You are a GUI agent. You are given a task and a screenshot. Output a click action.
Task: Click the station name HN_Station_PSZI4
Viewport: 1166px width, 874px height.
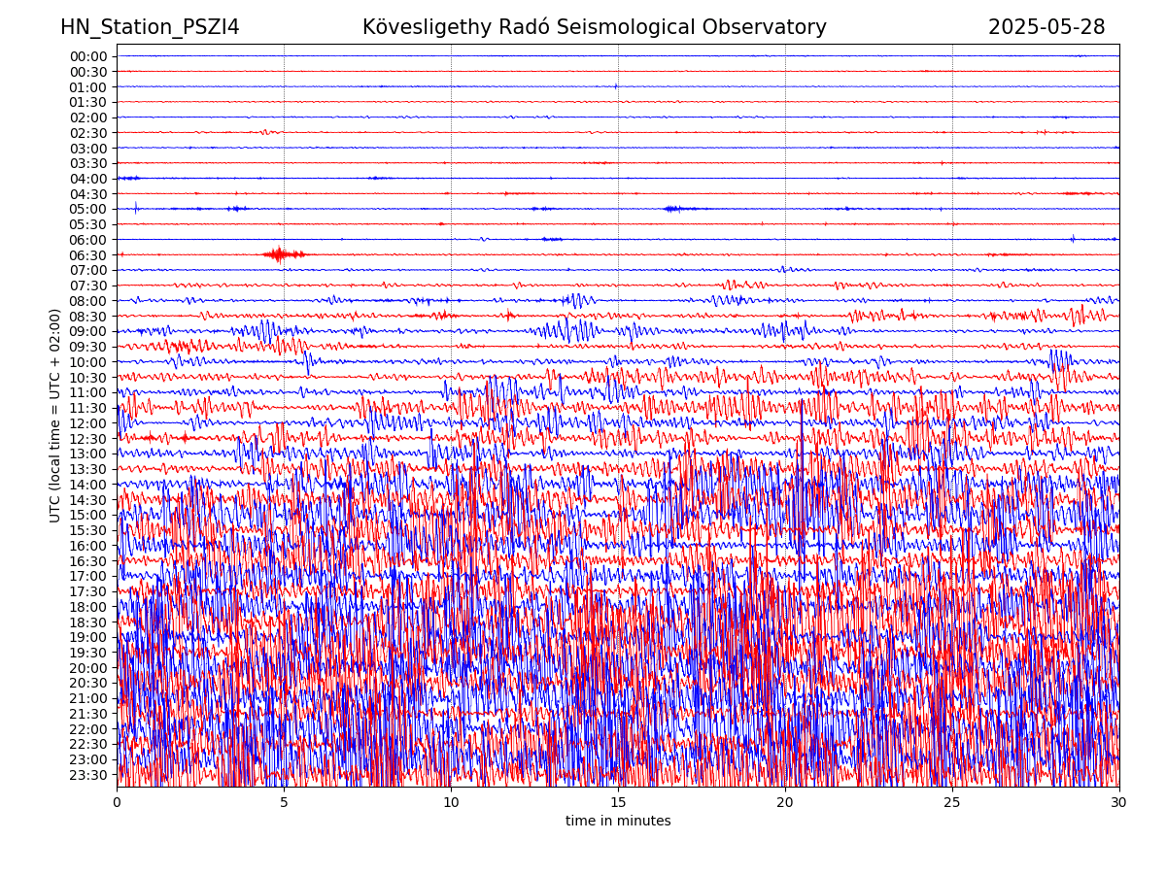click(x=150, y=27)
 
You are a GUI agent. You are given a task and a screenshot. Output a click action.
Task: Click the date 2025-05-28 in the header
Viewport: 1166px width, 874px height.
click(x=1046, y=27)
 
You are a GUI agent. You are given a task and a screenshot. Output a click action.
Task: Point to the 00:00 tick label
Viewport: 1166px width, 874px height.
click(x=87, y=56)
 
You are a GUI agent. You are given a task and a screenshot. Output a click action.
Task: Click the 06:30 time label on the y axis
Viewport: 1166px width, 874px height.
click(x=87, y=255)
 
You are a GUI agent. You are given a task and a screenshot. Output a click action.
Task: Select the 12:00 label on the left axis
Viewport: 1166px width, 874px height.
click(x=87, y=423)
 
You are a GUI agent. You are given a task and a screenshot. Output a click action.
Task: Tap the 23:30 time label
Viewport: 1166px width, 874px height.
click(x=87, y=775)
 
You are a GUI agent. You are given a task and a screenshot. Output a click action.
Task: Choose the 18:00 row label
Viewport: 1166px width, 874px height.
click(x=87, y=607)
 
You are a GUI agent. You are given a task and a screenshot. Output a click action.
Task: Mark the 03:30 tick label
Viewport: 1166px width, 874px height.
click(x=87, y=163)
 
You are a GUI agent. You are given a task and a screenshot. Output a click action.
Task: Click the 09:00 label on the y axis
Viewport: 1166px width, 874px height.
click(x=87, y=331)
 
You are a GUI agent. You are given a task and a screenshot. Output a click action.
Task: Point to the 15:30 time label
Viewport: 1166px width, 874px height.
click(x=87, y=530)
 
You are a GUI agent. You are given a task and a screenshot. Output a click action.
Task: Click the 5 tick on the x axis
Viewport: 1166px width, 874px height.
click(x=284, y=803)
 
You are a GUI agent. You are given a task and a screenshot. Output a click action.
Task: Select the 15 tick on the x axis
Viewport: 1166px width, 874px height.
click(x=618, y=803)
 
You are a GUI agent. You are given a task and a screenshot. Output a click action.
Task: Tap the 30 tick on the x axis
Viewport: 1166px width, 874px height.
click(x=1119, y=803)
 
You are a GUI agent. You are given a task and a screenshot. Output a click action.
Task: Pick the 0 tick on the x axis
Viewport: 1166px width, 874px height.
click(x=117, y=803)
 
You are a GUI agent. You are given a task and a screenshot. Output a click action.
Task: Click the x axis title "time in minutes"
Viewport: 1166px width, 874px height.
click(x=618, y=822)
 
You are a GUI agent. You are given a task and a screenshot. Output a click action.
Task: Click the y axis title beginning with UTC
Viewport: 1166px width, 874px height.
click(x=55, y=416)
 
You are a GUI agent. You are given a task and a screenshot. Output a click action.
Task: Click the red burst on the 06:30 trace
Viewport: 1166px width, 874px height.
click(x=280, y=254)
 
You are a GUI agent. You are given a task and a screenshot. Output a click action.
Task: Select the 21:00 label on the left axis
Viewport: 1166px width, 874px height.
click(x=87, y=698)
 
